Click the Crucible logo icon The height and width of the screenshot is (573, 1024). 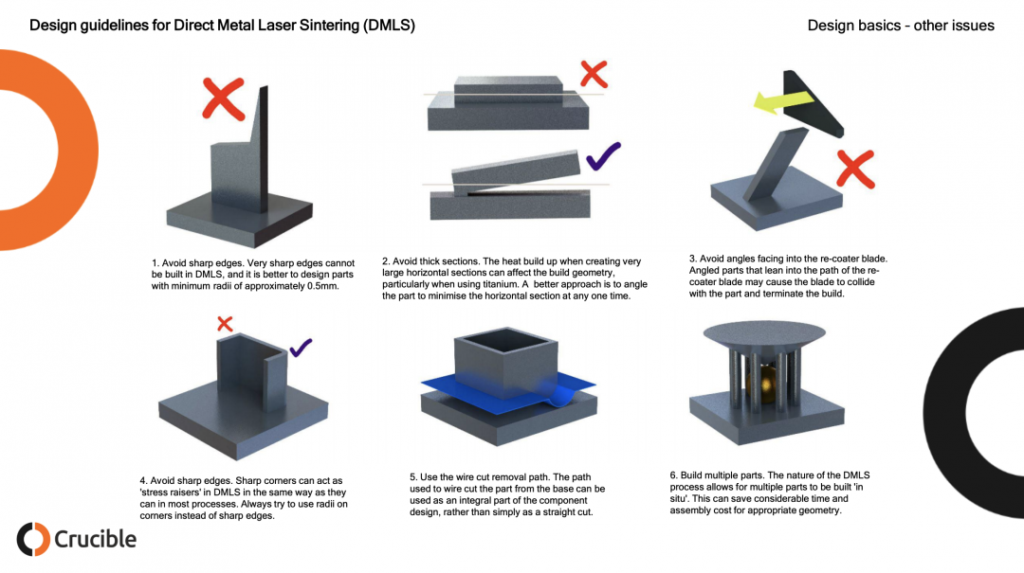pyautogui.click(x=33, y=539)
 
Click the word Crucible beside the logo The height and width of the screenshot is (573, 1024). pyautogui.click(x=95, y=539)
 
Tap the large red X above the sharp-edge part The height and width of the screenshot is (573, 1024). pyautogui.click(x=224, y=99)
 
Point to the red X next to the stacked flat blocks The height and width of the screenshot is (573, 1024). pyautogui.click(x=594, y=73)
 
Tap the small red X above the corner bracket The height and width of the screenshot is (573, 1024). pyautogui.click(x=225, y=324)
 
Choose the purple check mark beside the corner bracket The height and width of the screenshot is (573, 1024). pyautogui.click(x=302, y=348)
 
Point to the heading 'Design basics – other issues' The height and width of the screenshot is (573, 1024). pyautogui.click(x=900, y=26)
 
